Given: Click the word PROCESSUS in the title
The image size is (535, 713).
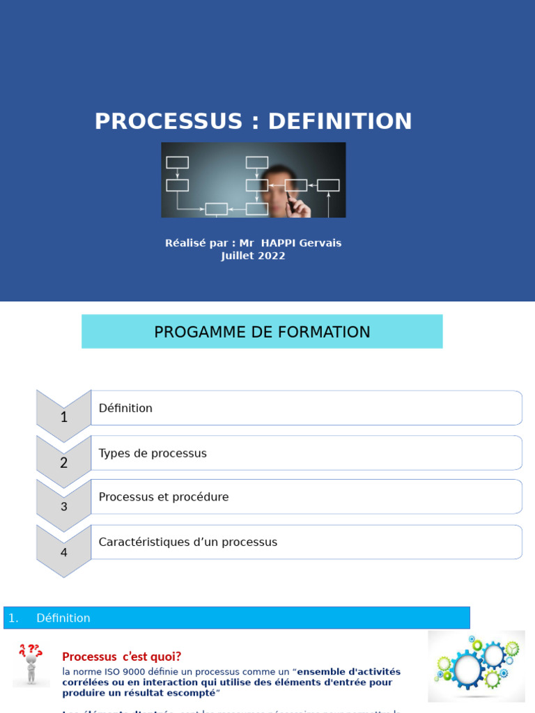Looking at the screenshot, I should pyautogui.click(x=168, y=121).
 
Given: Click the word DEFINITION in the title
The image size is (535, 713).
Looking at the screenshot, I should pyautogui.click(x=340, y=121).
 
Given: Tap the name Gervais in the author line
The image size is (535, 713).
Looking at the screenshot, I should pyautogui.click(x=319, y=243).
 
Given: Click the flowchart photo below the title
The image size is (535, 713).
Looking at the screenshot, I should pyautogui.click(x=253, y=180).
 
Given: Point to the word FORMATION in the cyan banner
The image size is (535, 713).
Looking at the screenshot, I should pyautogui.click(x=326, y=332).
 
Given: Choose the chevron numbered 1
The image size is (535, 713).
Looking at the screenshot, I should pyautogui.click(x=64, y=416).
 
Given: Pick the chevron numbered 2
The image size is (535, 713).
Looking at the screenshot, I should pyautogui.click(x=64, y=461).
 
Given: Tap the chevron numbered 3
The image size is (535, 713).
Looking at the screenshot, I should pyautogui.click(x=64, y=506).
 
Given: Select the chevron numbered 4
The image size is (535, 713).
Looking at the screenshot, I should pyautogui.click(x=64, y=551).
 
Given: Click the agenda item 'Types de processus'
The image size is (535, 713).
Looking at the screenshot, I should pyautogui.click(x=153, y=453).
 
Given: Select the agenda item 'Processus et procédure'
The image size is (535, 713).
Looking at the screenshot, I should pyautogui.click(x=164, y=497).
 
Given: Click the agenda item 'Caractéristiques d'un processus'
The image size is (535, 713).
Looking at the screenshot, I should pyautogui.click(x=188, y=542).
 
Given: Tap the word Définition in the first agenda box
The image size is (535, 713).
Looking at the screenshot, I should pyautogui.click(x=125, y=408).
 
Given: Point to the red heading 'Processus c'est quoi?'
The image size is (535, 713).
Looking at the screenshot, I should pyautogui.click(x=122, y=657).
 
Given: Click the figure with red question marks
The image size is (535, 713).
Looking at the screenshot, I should pyautogui.click(x=31, y=664).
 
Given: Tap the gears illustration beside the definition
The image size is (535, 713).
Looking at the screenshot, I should pyautogui.click(x=476, y=665).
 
